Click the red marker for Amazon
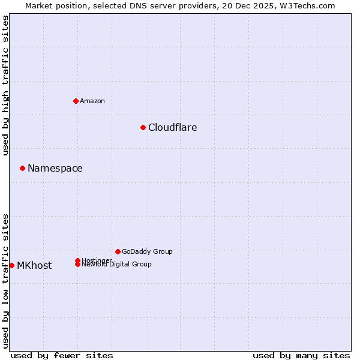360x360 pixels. point(76,101)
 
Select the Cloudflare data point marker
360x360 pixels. point(143,127)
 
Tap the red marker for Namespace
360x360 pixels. point(22,168)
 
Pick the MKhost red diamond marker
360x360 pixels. point(11,265)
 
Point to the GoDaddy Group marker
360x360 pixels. point(118,251)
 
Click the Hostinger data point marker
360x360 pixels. point(77,260)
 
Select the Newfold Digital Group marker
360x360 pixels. point(77,265)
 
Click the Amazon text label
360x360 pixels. point(92,101)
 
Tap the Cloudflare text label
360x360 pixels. point(172,127)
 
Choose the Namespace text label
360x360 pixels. point(55,168)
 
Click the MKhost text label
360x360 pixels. point(34,265)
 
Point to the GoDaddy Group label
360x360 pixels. point(147,251)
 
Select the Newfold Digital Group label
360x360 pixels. point(117,265)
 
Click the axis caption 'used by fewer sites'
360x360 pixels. point(62,355)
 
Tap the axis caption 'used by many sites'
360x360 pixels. point(301,355)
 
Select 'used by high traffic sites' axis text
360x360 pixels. point(6,86)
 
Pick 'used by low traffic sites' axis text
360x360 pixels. point(6,281)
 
